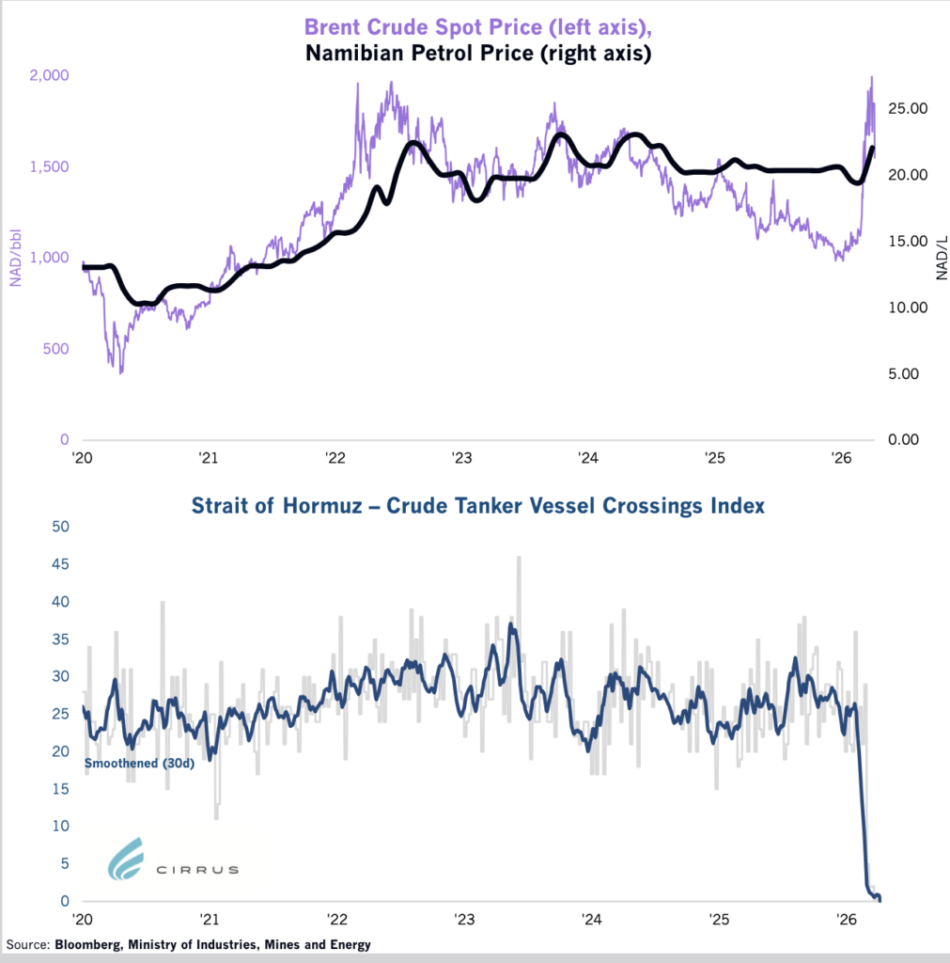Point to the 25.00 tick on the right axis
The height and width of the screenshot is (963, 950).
[909, 109]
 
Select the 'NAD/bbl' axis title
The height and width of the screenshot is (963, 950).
[15, 259]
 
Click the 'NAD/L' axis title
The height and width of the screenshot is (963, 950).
[940, 259]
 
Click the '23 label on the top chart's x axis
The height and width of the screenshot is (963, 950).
[461, 459]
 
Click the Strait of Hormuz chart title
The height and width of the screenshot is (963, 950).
[477, 506]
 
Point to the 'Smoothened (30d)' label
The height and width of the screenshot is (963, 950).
[139, 764]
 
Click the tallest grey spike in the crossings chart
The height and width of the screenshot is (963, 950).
[519, 560]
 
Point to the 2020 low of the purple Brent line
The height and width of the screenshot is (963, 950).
[121, 371]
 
